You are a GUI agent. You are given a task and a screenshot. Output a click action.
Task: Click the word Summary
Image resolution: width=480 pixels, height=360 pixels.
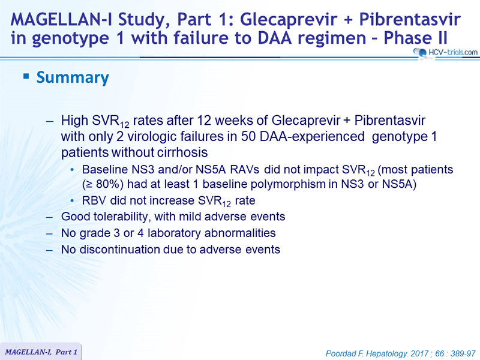point(73,77)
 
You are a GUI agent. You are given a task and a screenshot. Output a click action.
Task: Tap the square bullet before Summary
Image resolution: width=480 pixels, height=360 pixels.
point(26,76)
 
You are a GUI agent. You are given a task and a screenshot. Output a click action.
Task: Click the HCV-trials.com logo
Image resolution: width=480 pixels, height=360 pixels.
point(445,52)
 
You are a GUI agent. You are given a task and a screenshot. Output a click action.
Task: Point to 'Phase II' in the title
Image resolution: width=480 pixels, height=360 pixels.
point(415,38)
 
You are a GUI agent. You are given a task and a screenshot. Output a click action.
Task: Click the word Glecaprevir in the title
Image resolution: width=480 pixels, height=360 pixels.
point(293,20)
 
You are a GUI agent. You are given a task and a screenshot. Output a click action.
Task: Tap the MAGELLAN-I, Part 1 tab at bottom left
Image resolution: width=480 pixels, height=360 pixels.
point(41,352)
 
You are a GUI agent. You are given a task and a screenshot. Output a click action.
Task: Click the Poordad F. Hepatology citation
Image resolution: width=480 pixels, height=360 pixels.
point(400,353)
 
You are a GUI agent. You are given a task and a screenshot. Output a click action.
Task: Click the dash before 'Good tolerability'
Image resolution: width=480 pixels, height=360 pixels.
point(50,217)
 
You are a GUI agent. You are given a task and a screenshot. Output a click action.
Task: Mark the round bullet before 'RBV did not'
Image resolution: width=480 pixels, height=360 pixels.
point(72,201)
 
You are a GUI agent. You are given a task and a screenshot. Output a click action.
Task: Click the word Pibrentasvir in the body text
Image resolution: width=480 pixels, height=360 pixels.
point(389,121)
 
